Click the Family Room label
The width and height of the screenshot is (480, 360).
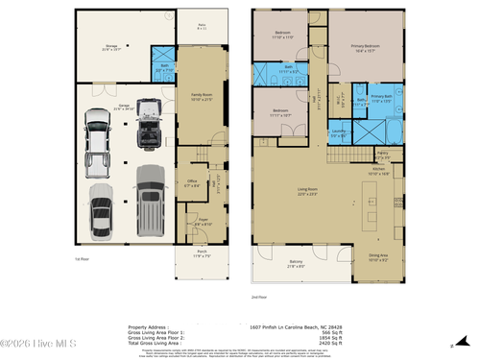pos(201,96)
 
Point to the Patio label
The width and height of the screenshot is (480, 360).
pos(203,28)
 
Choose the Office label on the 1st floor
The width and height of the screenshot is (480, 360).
pos(191,181)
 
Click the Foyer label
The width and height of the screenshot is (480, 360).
pos(203,221)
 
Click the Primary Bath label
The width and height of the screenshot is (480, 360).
pos(382,97)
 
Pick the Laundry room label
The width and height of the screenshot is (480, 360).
pos(338,133)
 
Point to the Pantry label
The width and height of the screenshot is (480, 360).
pos(381,152)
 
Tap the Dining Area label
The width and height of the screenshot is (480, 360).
pos(379,256)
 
